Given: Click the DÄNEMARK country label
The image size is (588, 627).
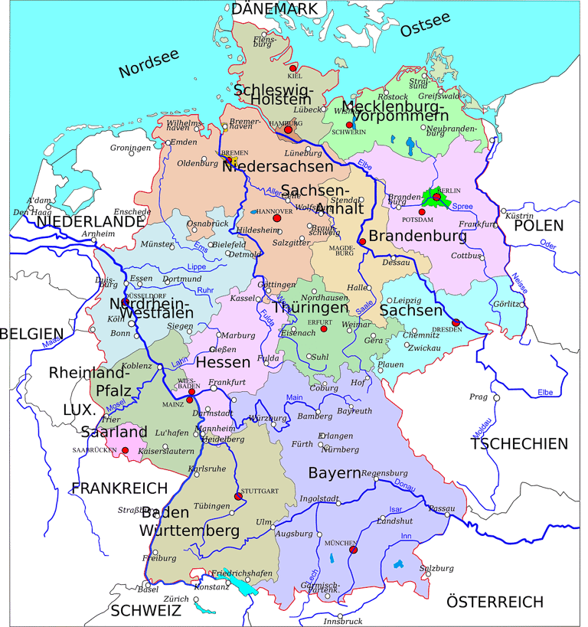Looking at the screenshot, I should point(275,9).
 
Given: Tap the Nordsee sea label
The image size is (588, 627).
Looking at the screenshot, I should point(149,64).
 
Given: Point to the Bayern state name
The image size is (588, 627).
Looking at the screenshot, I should point(334,473).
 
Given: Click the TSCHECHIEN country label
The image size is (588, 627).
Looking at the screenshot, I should point(519,444).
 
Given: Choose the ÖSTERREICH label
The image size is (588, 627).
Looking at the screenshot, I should point(495,601).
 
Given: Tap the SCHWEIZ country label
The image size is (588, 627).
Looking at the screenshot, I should point(145,610).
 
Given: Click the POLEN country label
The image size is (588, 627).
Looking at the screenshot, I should point(538,226).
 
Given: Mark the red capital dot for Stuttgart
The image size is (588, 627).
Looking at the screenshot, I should point(238,496).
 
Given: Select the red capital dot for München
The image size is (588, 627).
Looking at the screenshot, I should point(352,549).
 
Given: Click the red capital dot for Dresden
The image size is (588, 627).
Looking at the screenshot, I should point(456,322).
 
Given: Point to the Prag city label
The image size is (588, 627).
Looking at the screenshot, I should point(479,397).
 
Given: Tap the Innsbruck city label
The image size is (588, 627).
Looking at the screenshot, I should point(341,621).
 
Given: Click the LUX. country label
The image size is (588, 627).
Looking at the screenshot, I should point(78,410).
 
